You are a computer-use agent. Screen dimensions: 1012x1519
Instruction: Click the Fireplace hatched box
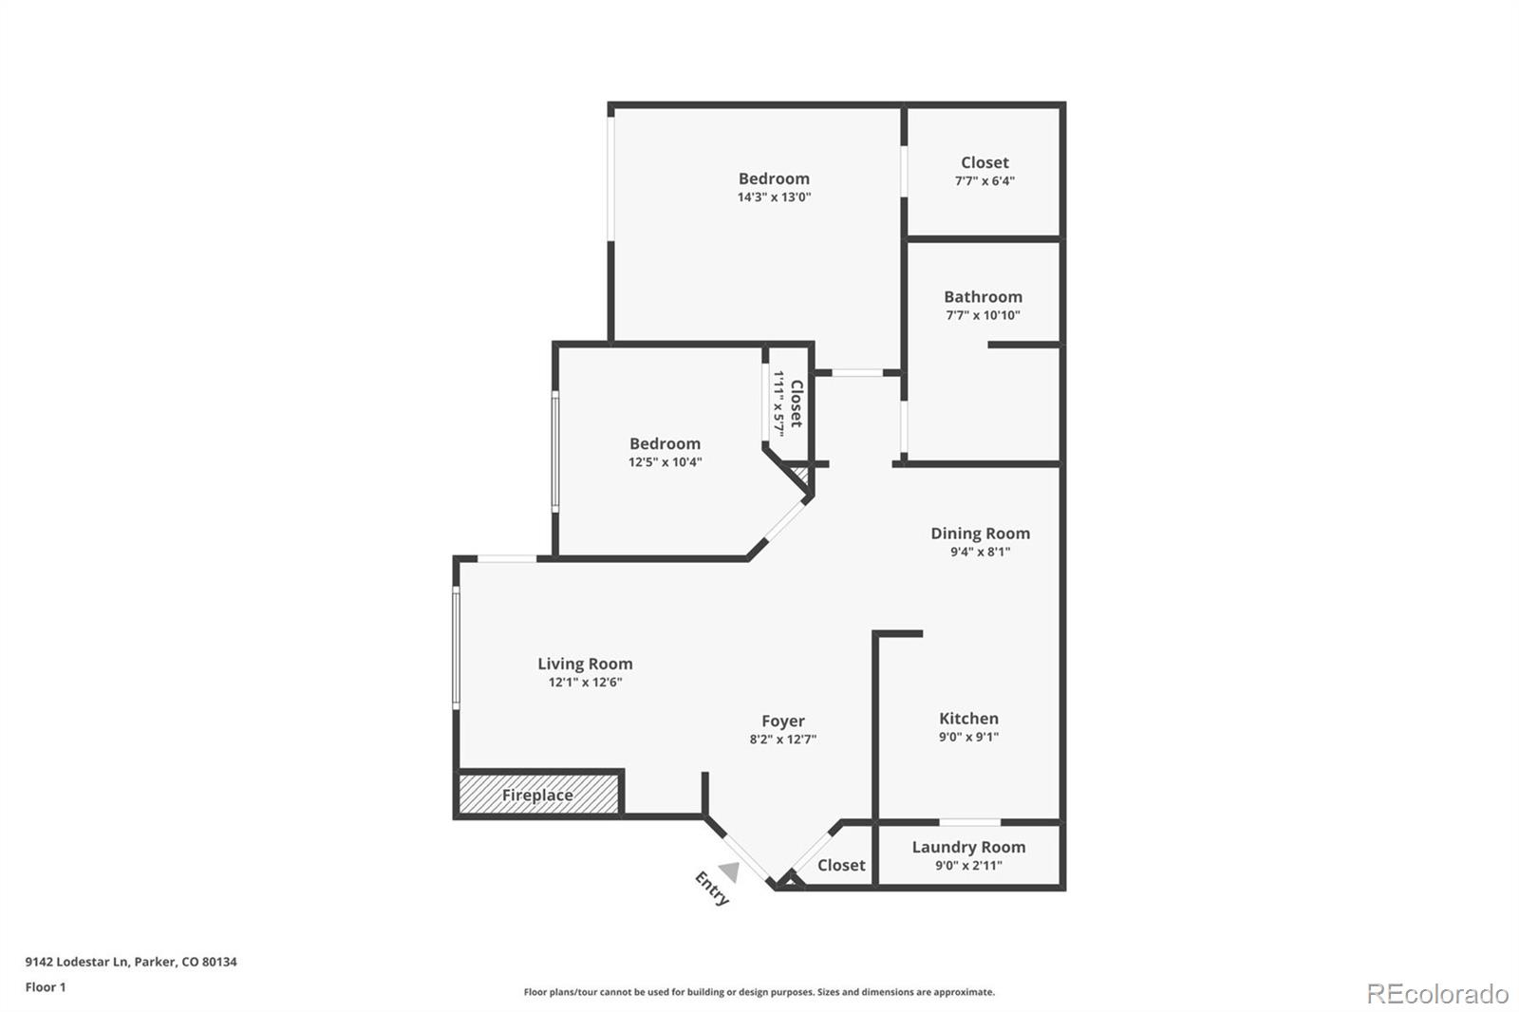click(x=538, y=795)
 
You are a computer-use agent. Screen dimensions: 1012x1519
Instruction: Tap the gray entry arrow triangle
click(x=729, y=871)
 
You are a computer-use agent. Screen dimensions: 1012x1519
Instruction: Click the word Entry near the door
click(x=712, y=889)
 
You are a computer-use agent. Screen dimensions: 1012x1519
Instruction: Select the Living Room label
click(x=585, y=664)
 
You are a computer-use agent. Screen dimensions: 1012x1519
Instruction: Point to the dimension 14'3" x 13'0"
click(x=774, y=197)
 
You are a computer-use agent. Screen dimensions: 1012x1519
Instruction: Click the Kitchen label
click(x=968, y=719)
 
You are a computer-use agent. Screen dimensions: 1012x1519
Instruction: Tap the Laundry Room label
click(x=968, y=847)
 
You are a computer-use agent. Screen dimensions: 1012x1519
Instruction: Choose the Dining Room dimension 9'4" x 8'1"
click(x=980, y=552)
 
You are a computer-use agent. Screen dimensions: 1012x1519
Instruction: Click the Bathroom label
click(x=983, y=297)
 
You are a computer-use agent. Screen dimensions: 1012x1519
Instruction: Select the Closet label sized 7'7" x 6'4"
click(x=985, y=162)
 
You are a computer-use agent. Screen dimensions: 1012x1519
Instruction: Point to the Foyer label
click(x=782, y=722)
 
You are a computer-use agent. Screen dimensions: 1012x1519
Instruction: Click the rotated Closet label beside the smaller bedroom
click(x=797, y=403)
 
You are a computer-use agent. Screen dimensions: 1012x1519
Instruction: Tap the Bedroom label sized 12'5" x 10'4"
click(x=665, y=443)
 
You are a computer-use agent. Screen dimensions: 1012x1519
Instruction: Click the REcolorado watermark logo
click(x=1436, y=993)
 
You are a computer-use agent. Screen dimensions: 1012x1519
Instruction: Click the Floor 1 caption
click(x=46, y=987)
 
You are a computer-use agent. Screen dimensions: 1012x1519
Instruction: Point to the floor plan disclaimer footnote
click(x=759, y=992)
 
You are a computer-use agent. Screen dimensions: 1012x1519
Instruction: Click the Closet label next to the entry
click(x=841, y=865)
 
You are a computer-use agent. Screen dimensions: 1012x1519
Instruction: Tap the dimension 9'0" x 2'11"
click(x=968, y=865)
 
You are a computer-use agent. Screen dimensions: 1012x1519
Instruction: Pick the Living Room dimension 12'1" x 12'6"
click(x=585, y=682)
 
